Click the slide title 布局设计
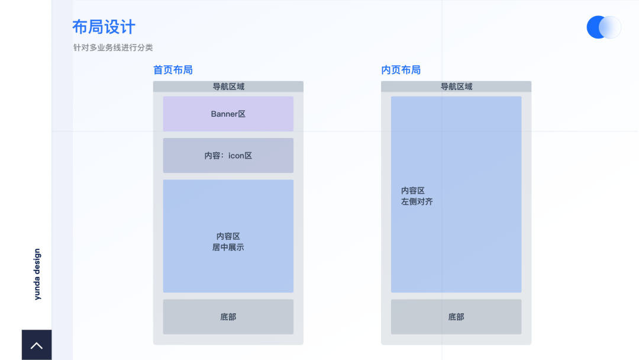104,27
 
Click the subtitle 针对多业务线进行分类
113,47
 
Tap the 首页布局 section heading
173,70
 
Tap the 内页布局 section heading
401,70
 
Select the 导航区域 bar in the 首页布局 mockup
228,86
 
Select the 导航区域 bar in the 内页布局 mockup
456,86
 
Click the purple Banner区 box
228,114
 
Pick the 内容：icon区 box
228,156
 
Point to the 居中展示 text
228,247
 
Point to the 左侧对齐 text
417,202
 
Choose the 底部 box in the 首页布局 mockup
228,317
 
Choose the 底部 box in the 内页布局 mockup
456,317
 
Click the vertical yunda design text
37,274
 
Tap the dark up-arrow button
37,345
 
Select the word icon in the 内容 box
237,156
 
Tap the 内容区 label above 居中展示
228,236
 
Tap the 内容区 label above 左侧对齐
413,191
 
